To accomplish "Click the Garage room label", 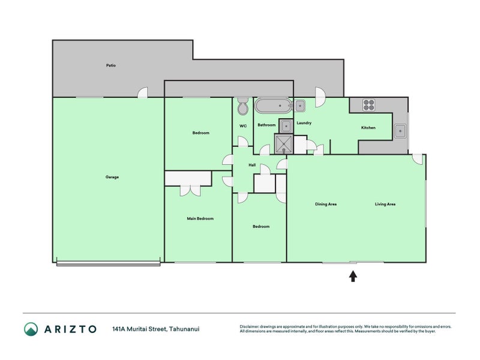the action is pos(112,177).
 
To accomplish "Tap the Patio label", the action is pos(111,65).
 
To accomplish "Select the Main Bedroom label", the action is pos(200,218).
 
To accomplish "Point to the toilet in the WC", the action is pos(243,106).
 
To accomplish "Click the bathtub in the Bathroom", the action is pos(273,106).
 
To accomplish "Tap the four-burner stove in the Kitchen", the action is pos(369,105).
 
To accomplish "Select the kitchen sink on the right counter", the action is pos(400,131).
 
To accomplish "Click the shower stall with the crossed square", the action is pos(284,144).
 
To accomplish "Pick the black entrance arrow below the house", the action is pos(353,276).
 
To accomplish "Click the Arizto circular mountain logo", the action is pos(31,329).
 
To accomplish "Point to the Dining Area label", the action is pos(326,204).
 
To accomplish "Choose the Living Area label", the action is pos(385,204).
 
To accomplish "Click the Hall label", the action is pos(252,165).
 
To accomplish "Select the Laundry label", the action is pos(304,123).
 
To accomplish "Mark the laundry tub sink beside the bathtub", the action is pos(299,106).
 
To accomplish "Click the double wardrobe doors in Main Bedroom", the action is pos(190,190).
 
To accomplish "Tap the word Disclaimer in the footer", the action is pos(249,326).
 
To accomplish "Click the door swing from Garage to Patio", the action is pos(143,93).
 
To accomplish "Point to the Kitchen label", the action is pos(368,128).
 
